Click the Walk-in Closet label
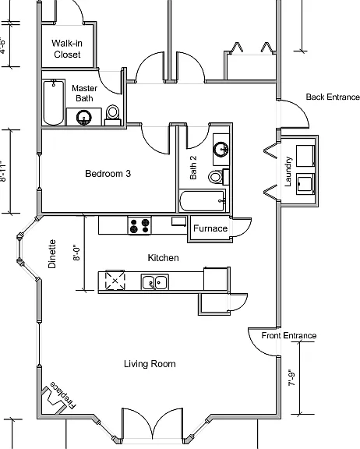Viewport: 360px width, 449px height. [67, 48]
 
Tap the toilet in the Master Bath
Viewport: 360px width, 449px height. [113, 115]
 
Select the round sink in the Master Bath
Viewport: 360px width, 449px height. [84, 118]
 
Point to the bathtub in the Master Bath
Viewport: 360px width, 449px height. [54, 102]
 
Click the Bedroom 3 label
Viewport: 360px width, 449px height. [108, 174]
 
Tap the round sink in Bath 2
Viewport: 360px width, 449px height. [221, 149]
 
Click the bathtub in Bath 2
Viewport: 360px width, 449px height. [203, 200]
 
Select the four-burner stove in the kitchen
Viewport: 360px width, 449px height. [139, 225]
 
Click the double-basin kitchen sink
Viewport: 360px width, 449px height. [155, 282]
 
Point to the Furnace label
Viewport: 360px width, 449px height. [210, 228]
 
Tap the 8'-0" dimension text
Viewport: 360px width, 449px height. [76, 253]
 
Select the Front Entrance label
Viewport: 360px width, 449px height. [289, 335]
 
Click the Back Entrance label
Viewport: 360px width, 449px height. [333, 97]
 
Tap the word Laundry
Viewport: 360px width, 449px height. [288, 171]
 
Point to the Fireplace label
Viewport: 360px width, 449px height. [63, 395]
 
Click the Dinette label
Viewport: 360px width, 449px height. [52, 253]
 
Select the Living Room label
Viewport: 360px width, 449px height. [150, 364]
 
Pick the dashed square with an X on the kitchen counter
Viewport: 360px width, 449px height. [115, 281]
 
